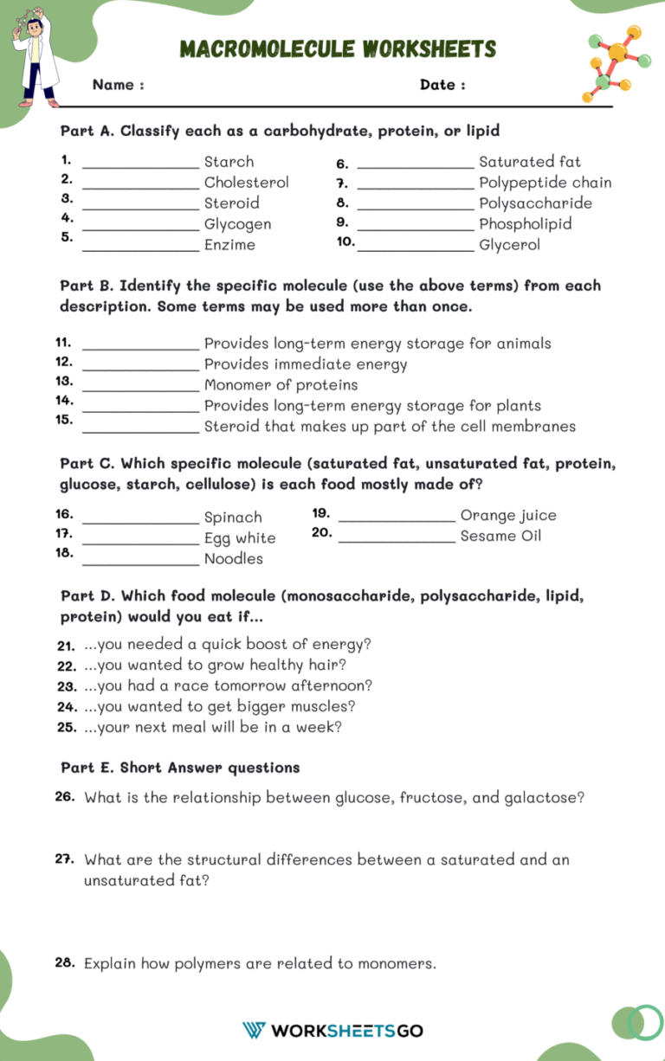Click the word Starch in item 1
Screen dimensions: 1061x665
229,162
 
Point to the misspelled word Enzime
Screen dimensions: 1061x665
229,245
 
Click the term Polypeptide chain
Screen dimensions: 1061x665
545,183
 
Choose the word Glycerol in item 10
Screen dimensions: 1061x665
509,245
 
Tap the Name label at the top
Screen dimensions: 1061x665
118,85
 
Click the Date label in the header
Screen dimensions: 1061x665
442,85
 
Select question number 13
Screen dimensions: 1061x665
64,381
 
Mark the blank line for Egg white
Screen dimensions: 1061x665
140,542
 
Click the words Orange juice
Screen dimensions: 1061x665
508,516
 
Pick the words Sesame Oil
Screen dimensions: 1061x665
500,537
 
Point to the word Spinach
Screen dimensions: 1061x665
232,518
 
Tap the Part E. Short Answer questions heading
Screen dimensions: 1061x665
180,768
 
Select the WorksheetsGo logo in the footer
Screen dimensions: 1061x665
332,1030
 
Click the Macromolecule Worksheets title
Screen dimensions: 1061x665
338,48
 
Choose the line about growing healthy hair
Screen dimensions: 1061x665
215,666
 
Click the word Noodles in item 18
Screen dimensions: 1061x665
233,559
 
